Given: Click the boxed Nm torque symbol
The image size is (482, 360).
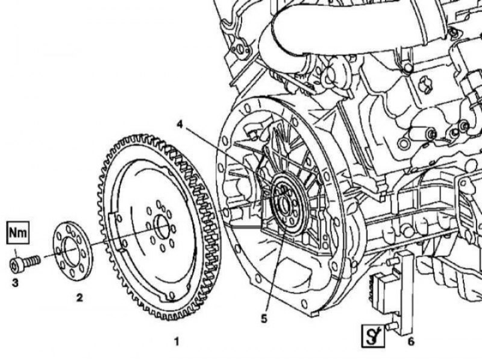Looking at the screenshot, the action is (18, 233).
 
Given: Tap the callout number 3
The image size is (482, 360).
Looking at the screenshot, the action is (14, 282).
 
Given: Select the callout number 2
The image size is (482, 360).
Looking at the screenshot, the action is (80, 297).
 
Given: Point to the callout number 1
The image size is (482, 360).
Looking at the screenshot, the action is (177, 341).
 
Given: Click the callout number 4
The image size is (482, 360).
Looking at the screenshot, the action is (180, 124).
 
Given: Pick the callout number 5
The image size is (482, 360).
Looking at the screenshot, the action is (264, 319).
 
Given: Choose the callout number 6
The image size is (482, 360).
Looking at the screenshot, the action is (411, 341).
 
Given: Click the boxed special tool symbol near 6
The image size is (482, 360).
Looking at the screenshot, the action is (373, 336).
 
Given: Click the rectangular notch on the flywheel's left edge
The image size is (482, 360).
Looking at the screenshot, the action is (116, 232).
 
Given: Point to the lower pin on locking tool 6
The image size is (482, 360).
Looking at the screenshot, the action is (390, 326).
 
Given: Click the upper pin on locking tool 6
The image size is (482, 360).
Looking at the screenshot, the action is (392, 262).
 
